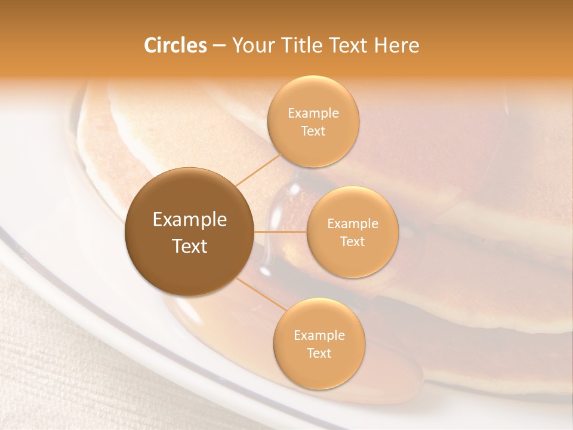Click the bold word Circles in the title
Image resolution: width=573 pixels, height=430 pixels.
pos(175,45)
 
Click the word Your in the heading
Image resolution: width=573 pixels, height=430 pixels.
pos(252,45)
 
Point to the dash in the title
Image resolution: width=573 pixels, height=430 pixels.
pos(219,46)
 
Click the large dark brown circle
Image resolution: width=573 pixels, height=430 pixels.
pos(190,232)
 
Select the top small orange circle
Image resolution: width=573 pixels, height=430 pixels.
pos(313,121)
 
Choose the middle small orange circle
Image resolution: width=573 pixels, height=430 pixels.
pos(352,232)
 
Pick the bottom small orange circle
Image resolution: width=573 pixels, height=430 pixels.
pos(319,343)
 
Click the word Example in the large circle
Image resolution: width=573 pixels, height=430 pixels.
pos(190,220)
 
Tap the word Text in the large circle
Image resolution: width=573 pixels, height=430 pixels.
pos(190,246)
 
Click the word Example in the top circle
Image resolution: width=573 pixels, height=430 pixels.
pos(313,113)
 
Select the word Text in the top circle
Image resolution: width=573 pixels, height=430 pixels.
pos(313,131)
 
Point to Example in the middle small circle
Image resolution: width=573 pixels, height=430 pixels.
pos(353,224)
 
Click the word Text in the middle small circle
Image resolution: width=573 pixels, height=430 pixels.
pos(352,241)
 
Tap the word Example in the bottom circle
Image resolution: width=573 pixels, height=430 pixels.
pos(319,336)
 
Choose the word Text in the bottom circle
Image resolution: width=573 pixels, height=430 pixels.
pos(319,354)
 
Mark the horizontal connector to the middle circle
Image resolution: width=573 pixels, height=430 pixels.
pos(281,232)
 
